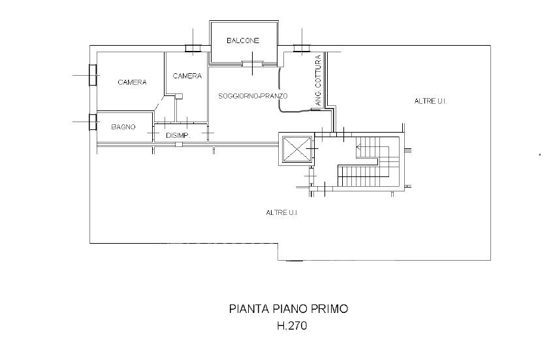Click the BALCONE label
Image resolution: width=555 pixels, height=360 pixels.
(x=243, y=41)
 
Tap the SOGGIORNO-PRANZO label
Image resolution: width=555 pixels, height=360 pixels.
(x=253, y=95)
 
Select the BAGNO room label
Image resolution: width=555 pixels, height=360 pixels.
(x=123, y=127)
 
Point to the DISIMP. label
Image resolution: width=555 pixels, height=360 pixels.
(x=178, y=135)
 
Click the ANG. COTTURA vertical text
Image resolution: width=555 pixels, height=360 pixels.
(x=318, y=80)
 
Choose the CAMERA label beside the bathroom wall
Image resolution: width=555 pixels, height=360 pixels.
(x=132, y=82)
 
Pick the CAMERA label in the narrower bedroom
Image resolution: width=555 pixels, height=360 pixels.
(x=187, y=76)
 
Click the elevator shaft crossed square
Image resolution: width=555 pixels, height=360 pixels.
(x=296, y=149)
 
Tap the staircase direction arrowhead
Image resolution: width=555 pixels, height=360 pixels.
(x=358, y=147)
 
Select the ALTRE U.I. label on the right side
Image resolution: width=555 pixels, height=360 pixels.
(x=430, y=101)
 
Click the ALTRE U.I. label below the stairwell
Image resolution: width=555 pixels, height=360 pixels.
(x=282, y=212)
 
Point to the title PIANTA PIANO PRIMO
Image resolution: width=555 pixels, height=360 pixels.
(x=289, y=308)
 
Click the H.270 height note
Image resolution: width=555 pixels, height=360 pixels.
(x=292, y=325)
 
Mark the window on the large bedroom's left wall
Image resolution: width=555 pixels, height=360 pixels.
(x=93, y=75)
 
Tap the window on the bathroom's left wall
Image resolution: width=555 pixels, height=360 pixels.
(x=93, y=122)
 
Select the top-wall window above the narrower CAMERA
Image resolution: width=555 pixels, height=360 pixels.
(x=193, y=48)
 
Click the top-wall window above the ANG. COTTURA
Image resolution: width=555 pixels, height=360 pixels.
(x=302, y=48)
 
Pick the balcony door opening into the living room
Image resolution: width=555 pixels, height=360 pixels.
(x=253, y=64)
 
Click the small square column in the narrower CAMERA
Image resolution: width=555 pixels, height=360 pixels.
(x=179, y=96)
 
